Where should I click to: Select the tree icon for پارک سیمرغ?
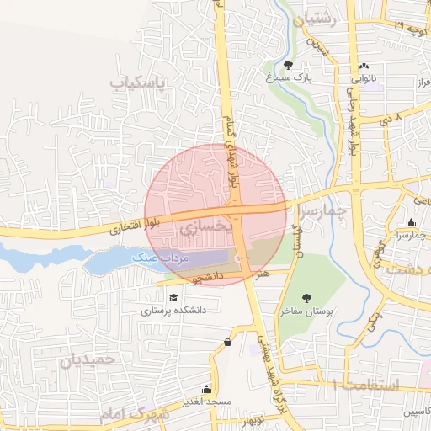pos(289,64)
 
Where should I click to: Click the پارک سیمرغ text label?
pos(290,77)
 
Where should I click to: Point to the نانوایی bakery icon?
pos(364,67)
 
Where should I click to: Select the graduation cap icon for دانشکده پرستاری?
pos(173,297)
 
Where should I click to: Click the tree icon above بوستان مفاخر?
pos(305,296)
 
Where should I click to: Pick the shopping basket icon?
pos(228,342)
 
